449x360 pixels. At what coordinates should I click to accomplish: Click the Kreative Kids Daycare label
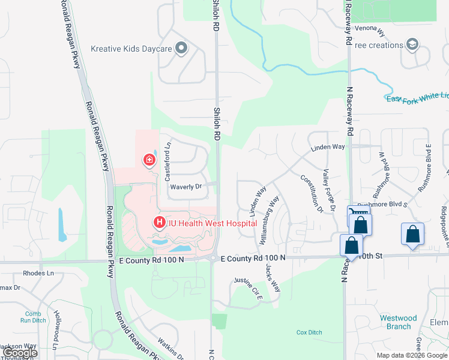pyautogui.click(x=131, y=49)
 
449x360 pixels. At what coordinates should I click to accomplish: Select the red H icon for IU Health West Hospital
pyautogui.click(x=160, y=223)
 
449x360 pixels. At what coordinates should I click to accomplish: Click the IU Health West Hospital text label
pyautogui.click(x=212, y=223)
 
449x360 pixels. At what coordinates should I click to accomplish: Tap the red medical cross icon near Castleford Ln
pyautogui.click(x=148, y=160)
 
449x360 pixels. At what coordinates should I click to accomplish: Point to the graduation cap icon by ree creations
pyautogui.click(x=412, y=45)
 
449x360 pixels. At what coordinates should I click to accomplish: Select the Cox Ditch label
pyautogui.click(x=309, y=332)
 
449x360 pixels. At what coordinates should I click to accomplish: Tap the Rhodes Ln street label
pyautogui.click(x=38, y=273)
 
